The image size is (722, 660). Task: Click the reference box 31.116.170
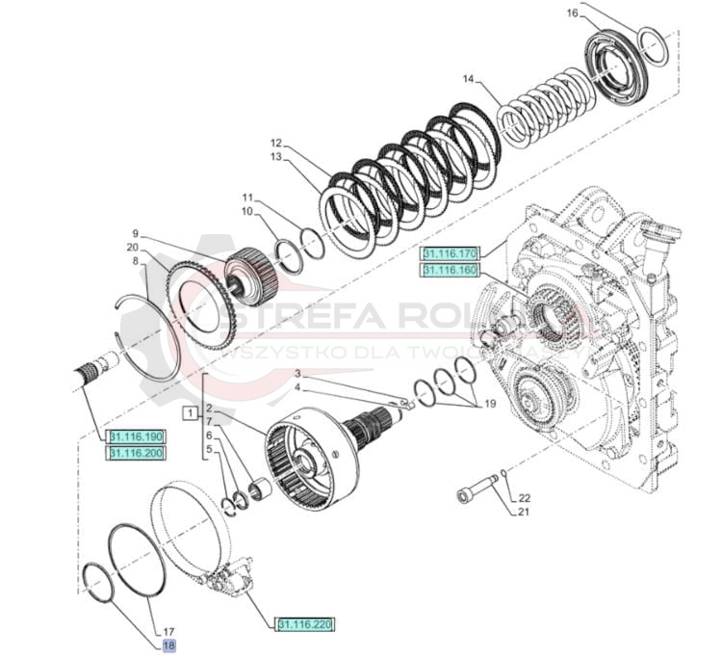pyautogui.click(x=450, y=253)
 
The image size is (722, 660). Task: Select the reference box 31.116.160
pyautogui.click(x=450, y=270)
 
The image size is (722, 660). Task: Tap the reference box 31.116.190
pyautogui.click(x=136, y=437)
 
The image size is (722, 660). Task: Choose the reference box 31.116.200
pyautogui.click(x=136, y=452)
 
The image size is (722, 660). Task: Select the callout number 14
pyautogui.click(x=469, y=78)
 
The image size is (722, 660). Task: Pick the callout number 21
pyautogui.click(x=525, y=512)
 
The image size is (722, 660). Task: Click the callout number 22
pyautogui.click(x=525, y=498)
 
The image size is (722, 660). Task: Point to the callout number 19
pyautogui.click(x=492, y=406)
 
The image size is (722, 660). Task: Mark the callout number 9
pyautogui.click(x=136, y=233)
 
